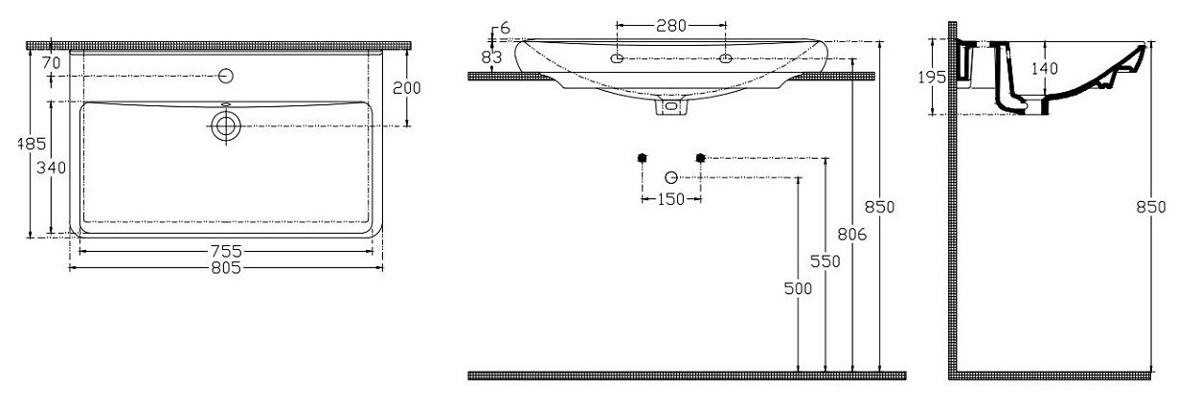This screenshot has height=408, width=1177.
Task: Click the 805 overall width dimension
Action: point(226,268)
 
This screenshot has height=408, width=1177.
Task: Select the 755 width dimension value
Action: point(226,251)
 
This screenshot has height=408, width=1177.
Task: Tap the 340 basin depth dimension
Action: point(51,168)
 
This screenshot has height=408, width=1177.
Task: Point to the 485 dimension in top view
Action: point(32,144)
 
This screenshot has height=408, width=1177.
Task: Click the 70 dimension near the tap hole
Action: point(52,62)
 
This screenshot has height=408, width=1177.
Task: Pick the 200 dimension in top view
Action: point(407,88)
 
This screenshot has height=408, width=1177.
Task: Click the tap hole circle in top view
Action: point(226,77)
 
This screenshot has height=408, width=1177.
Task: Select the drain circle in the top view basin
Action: point(226,126)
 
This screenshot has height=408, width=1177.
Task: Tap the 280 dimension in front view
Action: point(671,25)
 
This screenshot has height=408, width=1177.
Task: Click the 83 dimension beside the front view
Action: point(492,57)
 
